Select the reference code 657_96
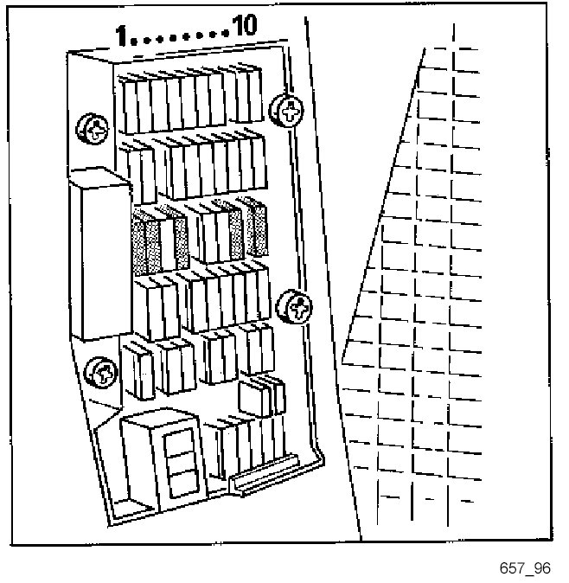[x=524, y=568]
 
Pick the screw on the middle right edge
[x=294, y=306]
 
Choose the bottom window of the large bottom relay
[x=180, y=481]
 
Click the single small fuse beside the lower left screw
[x=137, y=373]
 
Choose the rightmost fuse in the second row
[x=259, y=161]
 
